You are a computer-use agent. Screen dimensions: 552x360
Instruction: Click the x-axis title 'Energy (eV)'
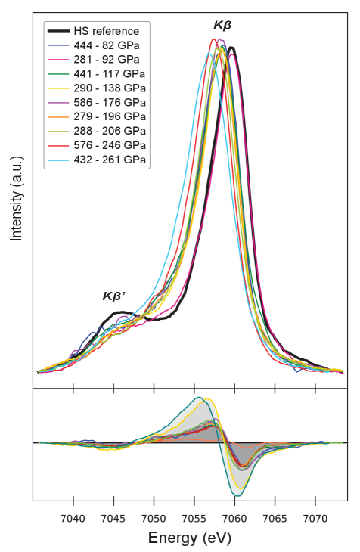click(x=189, y=538)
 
